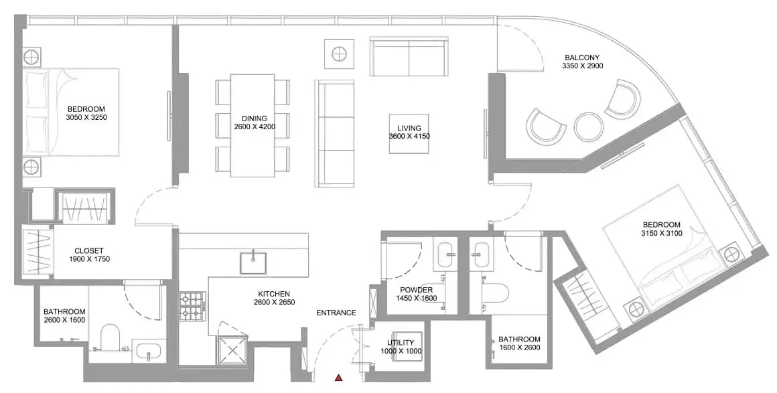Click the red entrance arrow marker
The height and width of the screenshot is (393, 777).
(x=338, y=378)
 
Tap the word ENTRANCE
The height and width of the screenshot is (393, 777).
(x=336, y=313)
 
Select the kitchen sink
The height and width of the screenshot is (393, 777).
(x=253, y=262)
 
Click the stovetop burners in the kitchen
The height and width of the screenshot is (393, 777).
(x=192, y=306)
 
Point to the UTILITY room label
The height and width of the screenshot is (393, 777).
(x=401, y=343)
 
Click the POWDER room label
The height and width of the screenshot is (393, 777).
(x=416, y=290)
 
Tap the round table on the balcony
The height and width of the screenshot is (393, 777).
(x=589, y=126)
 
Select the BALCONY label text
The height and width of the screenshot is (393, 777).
(x=582, y=57)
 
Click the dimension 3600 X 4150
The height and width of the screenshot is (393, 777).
(x=409, y=137)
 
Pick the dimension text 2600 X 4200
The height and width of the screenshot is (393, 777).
(x=255, y=127)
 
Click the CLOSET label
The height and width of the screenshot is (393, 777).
(x=89, y=251)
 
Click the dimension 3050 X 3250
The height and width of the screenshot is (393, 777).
(x=86, y=117)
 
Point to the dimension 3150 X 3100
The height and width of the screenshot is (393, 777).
(x=662, y=233)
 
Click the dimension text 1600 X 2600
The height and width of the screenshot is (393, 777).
(x=519, y=347)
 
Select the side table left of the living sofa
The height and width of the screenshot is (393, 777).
(x=339, y=54)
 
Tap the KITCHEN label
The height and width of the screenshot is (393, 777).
(x=273, y=294)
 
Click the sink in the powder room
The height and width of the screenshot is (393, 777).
(x=450, y=254)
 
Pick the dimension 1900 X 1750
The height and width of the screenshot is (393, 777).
(x=89, y=258)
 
